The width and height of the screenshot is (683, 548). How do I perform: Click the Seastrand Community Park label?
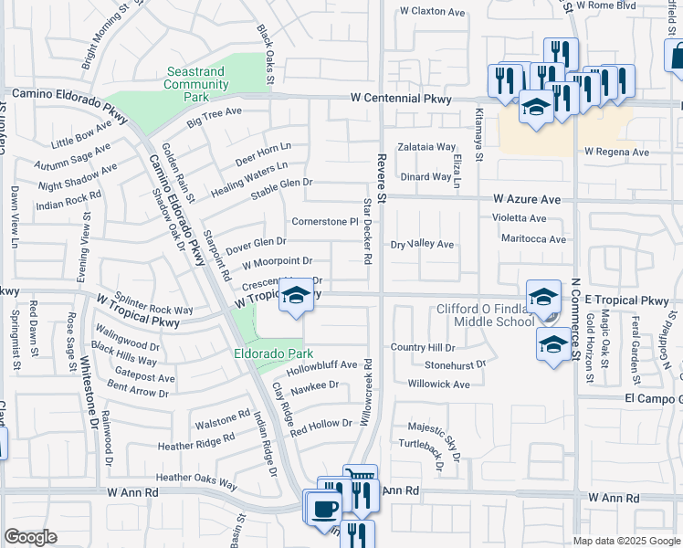pyautogui.click(x=196, y=84)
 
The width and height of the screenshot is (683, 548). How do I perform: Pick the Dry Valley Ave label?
pyautogui.click(x=422, y=245)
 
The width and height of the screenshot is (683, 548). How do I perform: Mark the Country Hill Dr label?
pyautogui.click(x=422, y=348)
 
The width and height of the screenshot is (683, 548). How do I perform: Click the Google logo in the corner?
pyautogui.click(x=30, y=537)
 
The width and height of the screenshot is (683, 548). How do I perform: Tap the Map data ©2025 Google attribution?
pyautogui.click(x=625, y=541)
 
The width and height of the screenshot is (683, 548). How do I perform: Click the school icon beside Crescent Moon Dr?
pyautogui.click(x=295, y=295)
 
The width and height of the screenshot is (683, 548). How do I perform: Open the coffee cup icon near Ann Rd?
pyautogui.click(x=325, y=508)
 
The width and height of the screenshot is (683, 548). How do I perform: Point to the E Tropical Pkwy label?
pyautogui.click(x=628, y=300)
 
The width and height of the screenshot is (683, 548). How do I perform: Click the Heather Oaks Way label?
pyautogui.click(x=195, y=478)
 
